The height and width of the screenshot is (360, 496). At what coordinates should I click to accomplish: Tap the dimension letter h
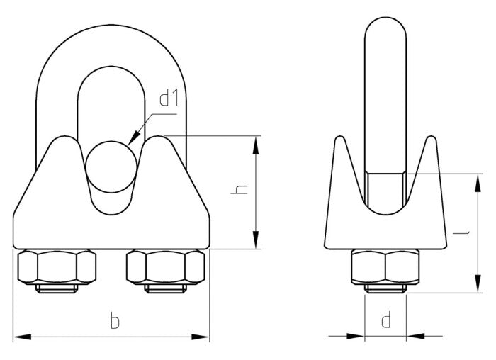click(x=241, y=191)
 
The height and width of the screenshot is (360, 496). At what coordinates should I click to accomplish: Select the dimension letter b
click(x=114, y=321)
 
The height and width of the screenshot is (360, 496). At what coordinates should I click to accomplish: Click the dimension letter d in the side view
click(x=385, y=320)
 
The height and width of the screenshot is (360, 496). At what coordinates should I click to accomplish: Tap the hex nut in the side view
click(x=385, y=268)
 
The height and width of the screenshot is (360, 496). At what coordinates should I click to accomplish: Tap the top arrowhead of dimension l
click(x=474, y=177)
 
